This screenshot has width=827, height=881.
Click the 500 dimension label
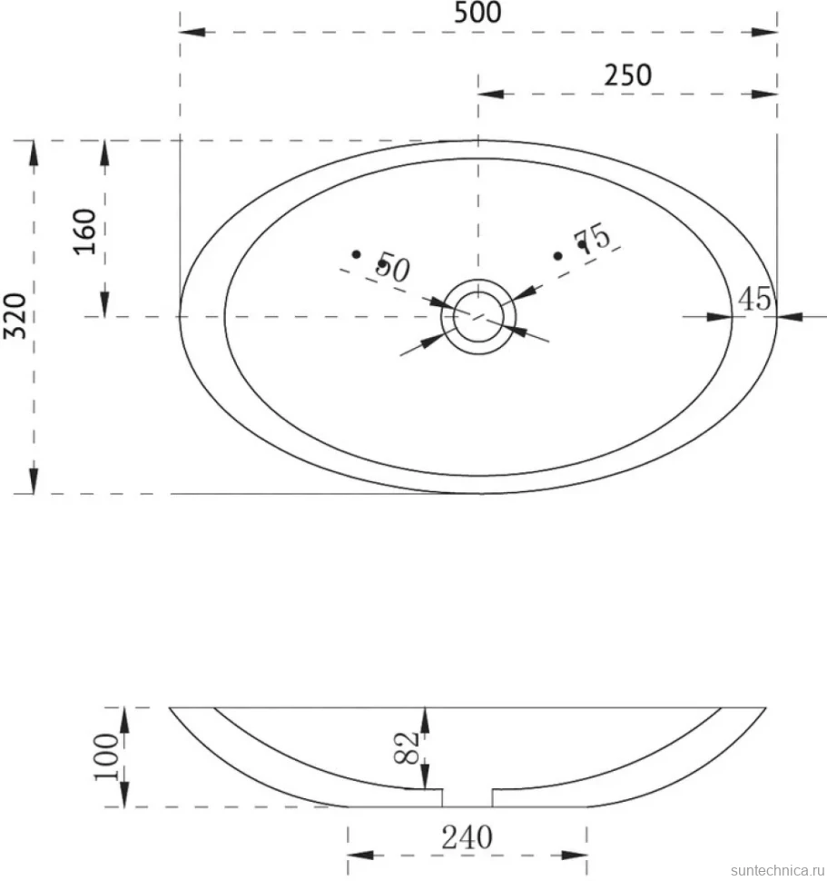(477, 13)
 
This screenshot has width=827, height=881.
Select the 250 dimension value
(627, 75)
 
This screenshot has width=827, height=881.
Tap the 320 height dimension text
(15, 316)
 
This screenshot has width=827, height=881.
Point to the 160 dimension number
(86, 232)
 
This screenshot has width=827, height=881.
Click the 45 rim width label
(754, 299)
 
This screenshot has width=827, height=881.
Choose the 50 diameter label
(393, 267)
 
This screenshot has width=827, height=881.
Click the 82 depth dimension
(407, 747)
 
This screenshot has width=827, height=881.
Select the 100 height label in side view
(107, 757)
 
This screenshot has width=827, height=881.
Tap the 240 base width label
(468, 837)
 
